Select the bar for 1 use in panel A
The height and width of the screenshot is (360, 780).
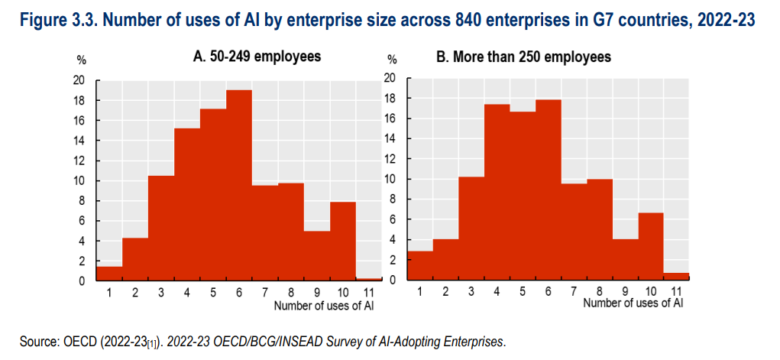tap(109, 274)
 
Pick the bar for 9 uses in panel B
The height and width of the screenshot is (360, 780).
tap(625, 259)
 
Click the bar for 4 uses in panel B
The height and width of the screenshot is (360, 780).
tap(497, 192)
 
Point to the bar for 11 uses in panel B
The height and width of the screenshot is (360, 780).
tap(676, 276)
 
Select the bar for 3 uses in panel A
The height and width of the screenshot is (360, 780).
tap(161, 229)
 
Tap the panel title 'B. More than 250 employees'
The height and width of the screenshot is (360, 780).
tap(523, 57)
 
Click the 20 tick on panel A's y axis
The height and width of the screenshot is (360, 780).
tap(79, 80)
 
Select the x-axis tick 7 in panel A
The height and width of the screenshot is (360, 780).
tap(265, 291)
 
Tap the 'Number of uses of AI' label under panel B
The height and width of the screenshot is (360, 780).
tap(633, 303)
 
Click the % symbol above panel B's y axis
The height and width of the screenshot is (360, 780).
tap(392, 59)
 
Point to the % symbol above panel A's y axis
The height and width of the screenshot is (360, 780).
tap(82, 59)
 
